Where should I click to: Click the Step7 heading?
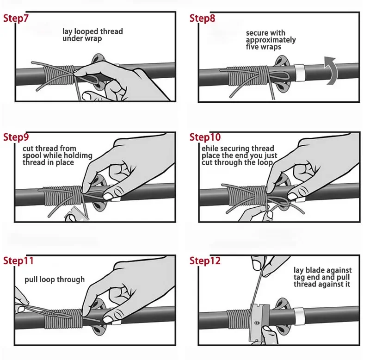[x=16, y=18]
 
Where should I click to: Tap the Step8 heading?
[x=202, y=18]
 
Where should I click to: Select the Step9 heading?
[x=16, y=137]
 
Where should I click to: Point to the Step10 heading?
[x=205, y=137]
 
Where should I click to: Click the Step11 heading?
[x=18, y=261]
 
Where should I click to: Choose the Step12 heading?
[x=205, y=261]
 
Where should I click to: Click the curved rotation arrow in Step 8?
[x=331, y=70]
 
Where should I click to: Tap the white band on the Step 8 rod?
[x=299, y=72]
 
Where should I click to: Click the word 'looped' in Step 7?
[x=86, y=31]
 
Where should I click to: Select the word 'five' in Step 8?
[x=252, y=47]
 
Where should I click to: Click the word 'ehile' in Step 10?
[x=210, y=149]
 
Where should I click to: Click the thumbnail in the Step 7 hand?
[x=86, y=96]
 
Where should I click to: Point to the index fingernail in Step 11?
[x=108, y=320]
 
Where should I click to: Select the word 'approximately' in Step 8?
[x=271, y=40]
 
